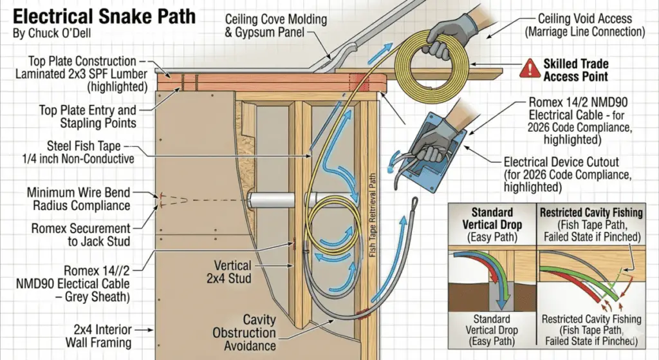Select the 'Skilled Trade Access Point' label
click(x=575, y=70)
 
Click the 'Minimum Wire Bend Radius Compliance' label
click(x=79, y=199)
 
